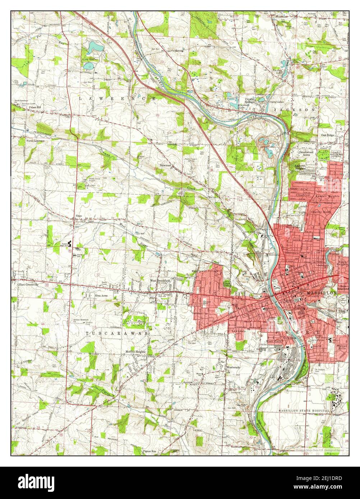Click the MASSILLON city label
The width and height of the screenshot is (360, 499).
pos(322,293)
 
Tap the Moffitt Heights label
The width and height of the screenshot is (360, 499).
pos(136,351)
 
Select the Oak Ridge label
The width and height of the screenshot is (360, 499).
pos(328,135)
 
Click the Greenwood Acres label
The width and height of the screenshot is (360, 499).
pos(307,154)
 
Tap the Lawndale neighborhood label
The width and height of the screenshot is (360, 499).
pos(238,331)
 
